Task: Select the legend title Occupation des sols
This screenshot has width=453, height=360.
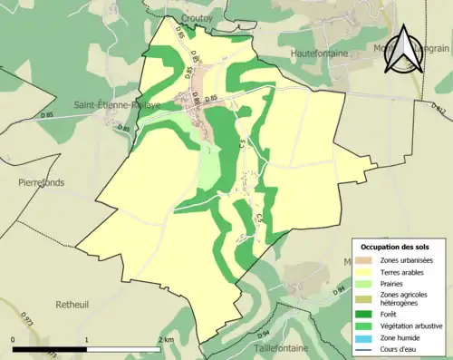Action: click(x=397, y=247)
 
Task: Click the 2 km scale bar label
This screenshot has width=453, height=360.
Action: click(x=165, y=338)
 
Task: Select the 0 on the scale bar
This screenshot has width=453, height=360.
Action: click(x=14, y=338)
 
